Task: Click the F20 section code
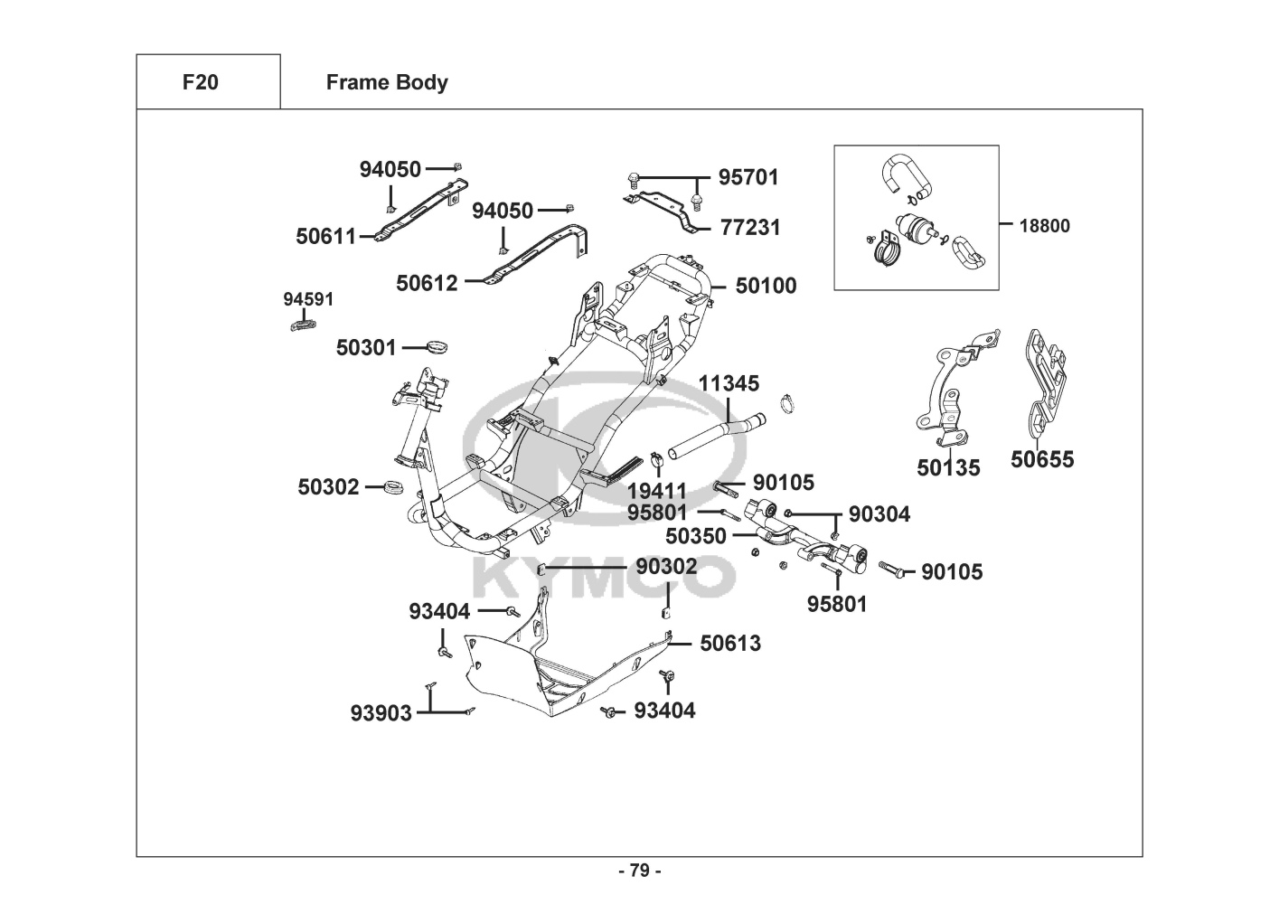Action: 201,82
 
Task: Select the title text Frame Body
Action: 387,83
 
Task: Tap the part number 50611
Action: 325,236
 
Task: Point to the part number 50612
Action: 427,283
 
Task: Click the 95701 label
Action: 748,177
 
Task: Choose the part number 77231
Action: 750,227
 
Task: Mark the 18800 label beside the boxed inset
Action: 1044,226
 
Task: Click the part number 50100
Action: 766,286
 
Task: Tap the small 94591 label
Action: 308,299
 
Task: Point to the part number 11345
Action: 729,383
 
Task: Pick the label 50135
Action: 948,467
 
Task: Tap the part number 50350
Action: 695,536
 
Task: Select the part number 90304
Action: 879,514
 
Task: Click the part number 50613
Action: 730,644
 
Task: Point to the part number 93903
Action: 381,713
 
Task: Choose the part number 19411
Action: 656,491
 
